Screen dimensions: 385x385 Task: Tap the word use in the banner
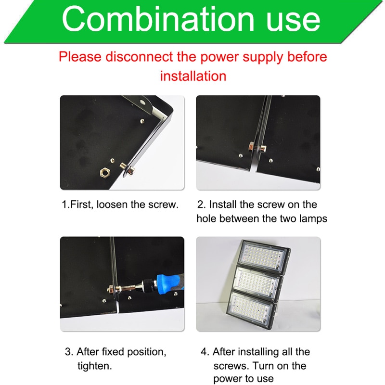click(288, 20)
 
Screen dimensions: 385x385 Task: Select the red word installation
click(192, 76)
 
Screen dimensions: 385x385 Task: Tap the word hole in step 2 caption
click(208, 218)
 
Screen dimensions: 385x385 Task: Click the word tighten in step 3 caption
click(94, 366)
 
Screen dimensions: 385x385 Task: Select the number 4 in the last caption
click(204, 352)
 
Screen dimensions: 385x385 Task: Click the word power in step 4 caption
click(229, 379)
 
